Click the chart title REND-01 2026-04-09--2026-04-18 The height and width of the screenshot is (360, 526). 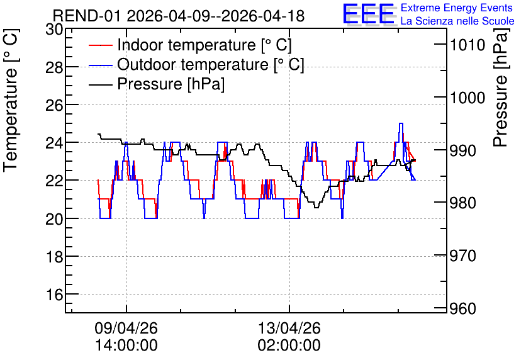(179, 16)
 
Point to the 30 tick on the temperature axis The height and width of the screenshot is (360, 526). (54, 30)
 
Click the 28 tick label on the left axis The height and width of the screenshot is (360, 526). (54, 67)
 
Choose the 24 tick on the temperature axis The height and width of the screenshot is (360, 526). (54, 143)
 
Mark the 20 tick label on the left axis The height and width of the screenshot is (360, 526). (54, 219)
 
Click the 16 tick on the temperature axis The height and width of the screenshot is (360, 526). (54, 295)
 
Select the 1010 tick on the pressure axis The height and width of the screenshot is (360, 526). (467, 45)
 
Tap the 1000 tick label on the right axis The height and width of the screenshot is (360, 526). (467, 98)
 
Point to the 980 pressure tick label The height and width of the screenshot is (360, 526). (463, 203)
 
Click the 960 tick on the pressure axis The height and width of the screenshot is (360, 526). (463, 308)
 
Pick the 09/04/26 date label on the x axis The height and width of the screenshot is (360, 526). (126, 328)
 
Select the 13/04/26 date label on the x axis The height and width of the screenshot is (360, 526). (289, 328)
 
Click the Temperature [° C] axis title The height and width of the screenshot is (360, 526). (11, 100)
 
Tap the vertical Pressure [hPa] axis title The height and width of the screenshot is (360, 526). (501, 87)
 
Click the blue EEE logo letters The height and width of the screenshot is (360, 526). (368, 14)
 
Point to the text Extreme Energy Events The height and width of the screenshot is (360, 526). (457, 8)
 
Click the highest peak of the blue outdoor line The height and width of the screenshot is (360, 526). (401, 123)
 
